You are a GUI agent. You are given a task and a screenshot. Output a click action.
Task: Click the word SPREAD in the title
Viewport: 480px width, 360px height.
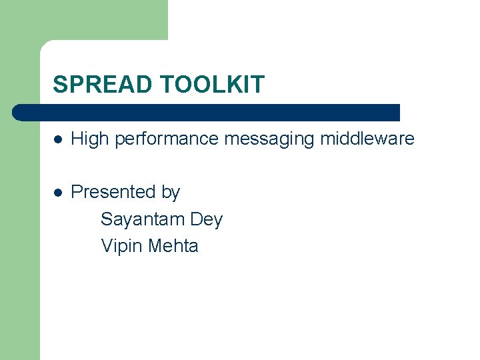pos(103,85)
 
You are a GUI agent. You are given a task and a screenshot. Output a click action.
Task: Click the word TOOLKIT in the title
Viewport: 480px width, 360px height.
pos(212,85)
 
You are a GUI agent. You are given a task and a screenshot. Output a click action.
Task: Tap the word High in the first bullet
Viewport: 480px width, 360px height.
pos(89,139)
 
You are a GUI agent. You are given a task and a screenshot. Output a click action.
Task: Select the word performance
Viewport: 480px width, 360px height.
pos(165,139)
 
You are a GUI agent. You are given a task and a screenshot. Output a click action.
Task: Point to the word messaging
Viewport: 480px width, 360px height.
pos(269,139)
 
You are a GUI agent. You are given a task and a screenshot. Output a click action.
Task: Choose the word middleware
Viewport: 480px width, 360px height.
pos(367,139)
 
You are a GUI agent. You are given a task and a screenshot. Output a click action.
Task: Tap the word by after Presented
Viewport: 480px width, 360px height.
pos(171,193)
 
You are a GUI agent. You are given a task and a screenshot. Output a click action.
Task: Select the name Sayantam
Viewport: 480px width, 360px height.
pos(143,219)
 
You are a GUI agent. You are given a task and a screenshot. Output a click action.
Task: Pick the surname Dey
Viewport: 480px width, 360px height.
pos(206,219)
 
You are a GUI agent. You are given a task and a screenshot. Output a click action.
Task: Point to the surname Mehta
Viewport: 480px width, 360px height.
pos(173,246)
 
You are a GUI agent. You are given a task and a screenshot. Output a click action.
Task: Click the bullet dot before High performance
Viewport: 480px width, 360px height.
pos(58,139)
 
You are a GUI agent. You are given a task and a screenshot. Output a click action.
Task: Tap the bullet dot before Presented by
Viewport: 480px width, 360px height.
pos(58,193)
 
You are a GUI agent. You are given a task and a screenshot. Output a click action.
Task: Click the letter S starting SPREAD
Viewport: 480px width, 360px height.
pos(59,85)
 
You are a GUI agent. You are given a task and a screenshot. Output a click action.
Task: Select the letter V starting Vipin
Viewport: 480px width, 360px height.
pos(107,246)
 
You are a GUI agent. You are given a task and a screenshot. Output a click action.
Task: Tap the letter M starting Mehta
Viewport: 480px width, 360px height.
pos(155,246)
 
